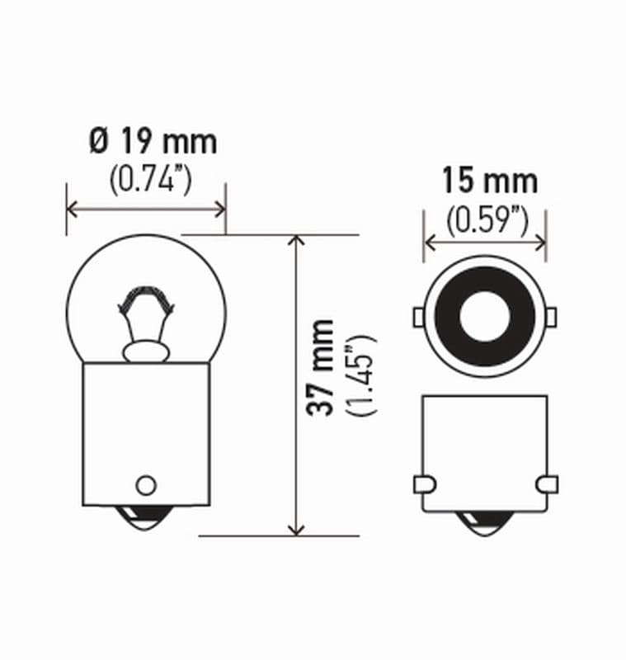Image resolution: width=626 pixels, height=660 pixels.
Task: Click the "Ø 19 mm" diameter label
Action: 153,142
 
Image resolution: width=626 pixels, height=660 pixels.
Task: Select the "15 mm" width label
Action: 489,180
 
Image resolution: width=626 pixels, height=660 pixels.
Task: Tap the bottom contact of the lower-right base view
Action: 485,523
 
